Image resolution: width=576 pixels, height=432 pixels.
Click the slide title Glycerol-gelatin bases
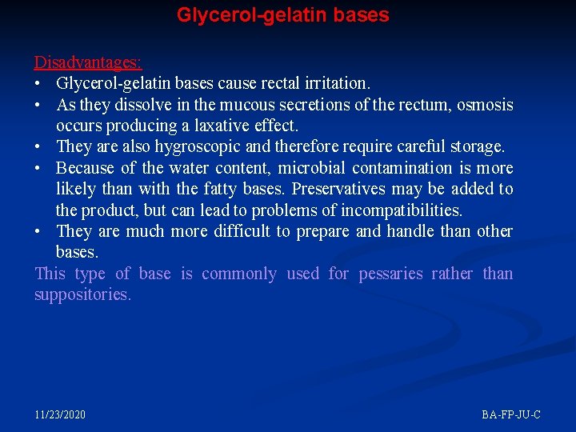(x=282, y=15)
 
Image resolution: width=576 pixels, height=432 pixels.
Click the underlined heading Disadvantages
(x=88, y=62)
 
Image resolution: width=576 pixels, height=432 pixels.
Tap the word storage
(x=478, y=146)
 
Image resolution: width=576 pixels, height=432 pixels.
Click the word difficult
(x=240, y=231)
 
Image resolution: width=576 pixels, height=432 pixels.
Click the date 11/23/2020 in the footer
(x=60, y=414)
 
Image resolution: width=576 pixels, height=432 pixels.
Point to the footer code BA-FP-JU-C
(x=511, y=414)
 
